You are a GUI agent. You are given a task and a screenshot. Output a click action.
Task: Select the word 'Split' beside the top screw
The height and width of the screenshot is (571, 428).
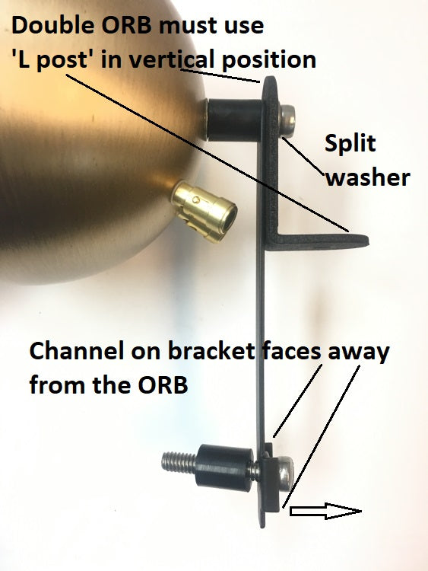[350, 144]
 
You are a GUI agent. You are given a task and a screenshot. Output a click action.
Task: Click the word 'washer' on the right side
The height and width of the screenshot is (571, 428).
[368, 177]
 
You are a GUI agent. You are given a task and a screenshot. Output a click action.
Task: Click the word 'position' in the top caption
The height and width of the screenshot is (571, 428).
[268, 60]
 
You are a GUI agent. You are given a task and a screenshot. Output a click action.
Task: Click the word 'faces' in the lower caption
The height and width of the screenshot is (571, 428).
[292, 351]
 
